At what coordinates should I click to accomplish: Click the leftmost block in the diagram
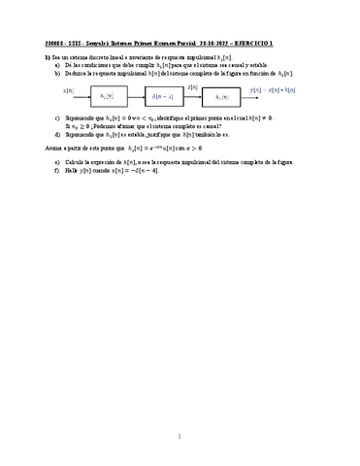[x=107, y=96]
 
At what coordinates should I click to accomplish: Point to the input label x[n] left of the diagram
[x=69, y=91]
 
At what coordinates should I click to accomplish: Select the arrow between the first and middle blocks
[x=137, y=96]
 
